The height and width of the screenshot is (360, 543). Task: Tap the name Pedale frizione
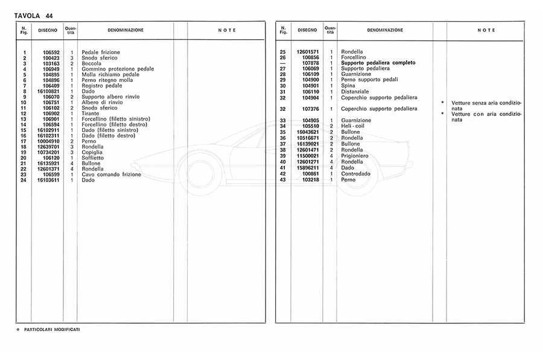coord(101,52)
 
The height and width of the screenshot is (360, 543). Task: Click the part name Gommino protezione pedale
coord(118,69)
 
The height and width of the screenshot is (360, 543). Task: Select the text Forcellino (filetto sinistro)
coord(116,119)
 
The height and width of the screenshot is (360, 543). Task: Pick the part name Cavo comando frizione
coord(112,174)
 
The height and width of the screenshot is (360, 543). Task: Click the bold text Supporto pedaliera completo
coord(378,63)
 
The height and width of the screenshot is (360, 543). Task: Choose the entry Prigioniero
coord(356,156)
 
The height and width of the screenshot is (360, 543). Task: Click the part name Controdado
coord(355,174)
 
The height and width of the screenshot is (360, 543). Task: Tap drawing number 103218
coord(310,180)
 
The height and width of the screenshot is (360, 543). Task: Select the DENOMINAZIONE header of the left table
coord(125,30)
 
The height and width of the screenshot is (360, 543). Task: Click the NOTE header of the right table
coord(486,30)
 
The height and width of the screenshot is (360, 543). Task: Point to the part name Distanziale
coord(355,91)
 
